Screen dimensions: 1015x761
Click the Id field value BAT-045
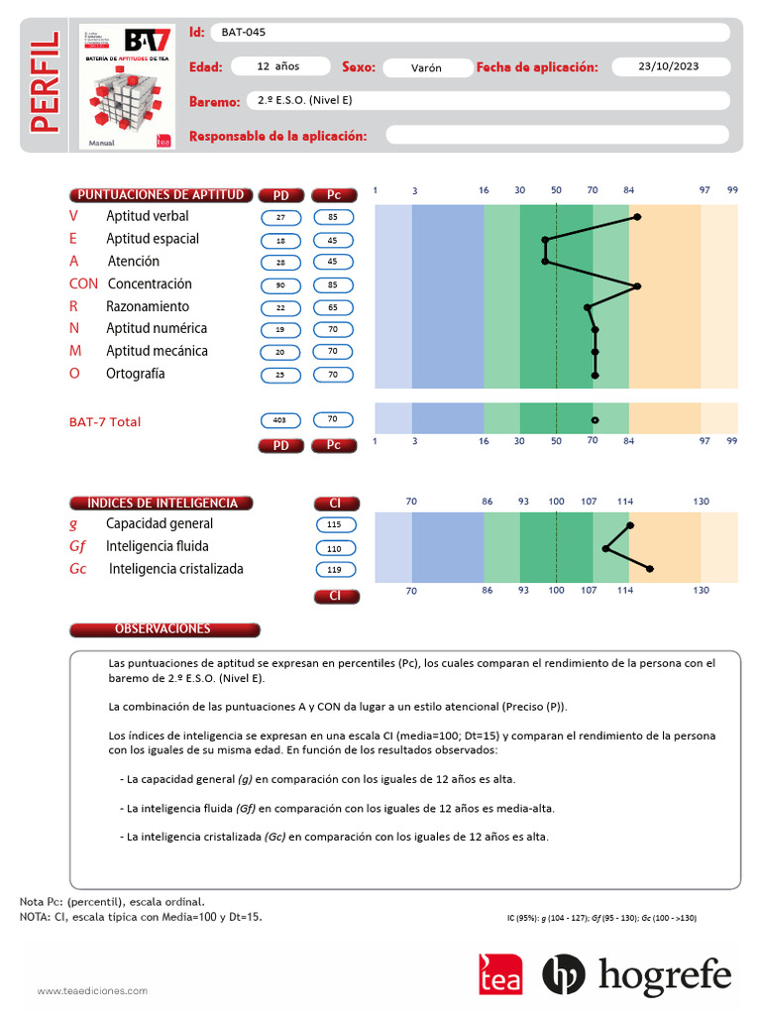(x=243, y=33)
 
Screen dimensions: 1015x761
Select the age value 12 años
(x=278, y=66)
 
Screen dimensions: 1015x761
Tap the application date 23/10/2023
(x=669, y=66)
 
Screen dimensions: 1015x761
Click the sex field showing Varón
(x=427, y=67)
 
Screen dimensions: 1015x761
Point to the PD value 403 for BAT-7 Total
(x=280, y=420)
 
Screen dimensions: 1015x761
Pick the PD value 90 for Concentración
(x=280, y=285)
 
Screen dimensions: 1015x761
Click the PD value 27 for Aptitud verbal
(x=280, y=217)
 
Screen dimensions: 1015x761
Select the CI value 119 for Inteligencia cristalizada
(x=334, y=570)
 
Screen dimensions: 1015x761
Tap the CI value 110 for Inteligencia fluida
(x=334, y=548)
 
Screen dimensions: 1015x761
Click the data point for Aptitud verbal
(x=637, y=216)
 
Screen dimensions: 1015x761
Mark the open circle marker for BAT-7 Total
(x=595, y=420)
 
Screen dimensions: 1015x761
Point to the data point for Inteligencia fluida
(x=605, y=547)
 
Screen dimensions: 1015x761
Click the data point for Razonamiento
(x=588, y=307)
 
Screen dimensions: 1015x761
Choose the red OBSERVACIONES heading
(x=164, y=629)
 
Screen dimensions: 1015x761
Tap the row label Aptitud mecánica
(x=157, y=351)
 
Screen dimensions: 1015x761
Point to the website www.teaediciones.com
(x=92, y=990)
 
